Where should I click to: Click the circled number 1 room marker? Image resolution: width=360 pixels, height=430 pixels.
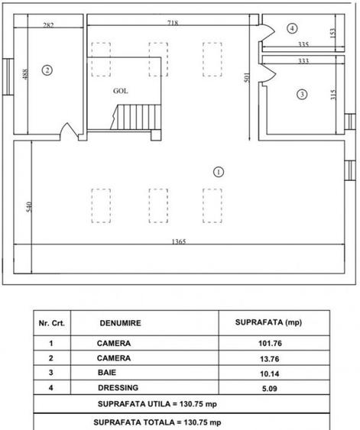pyautogui.click(x=219, y=172)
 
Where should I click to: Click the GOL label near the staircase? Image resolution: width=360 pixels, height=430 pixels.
pyautogui.click(x=121, y=89)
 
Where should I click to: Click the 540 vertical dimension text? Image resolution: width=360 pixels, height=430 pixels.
pyautogui.click(x=30, y=207)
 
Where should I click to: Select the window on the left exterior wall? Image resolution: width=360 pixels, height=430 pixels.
pyautogui.click(x=8, y=75)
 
